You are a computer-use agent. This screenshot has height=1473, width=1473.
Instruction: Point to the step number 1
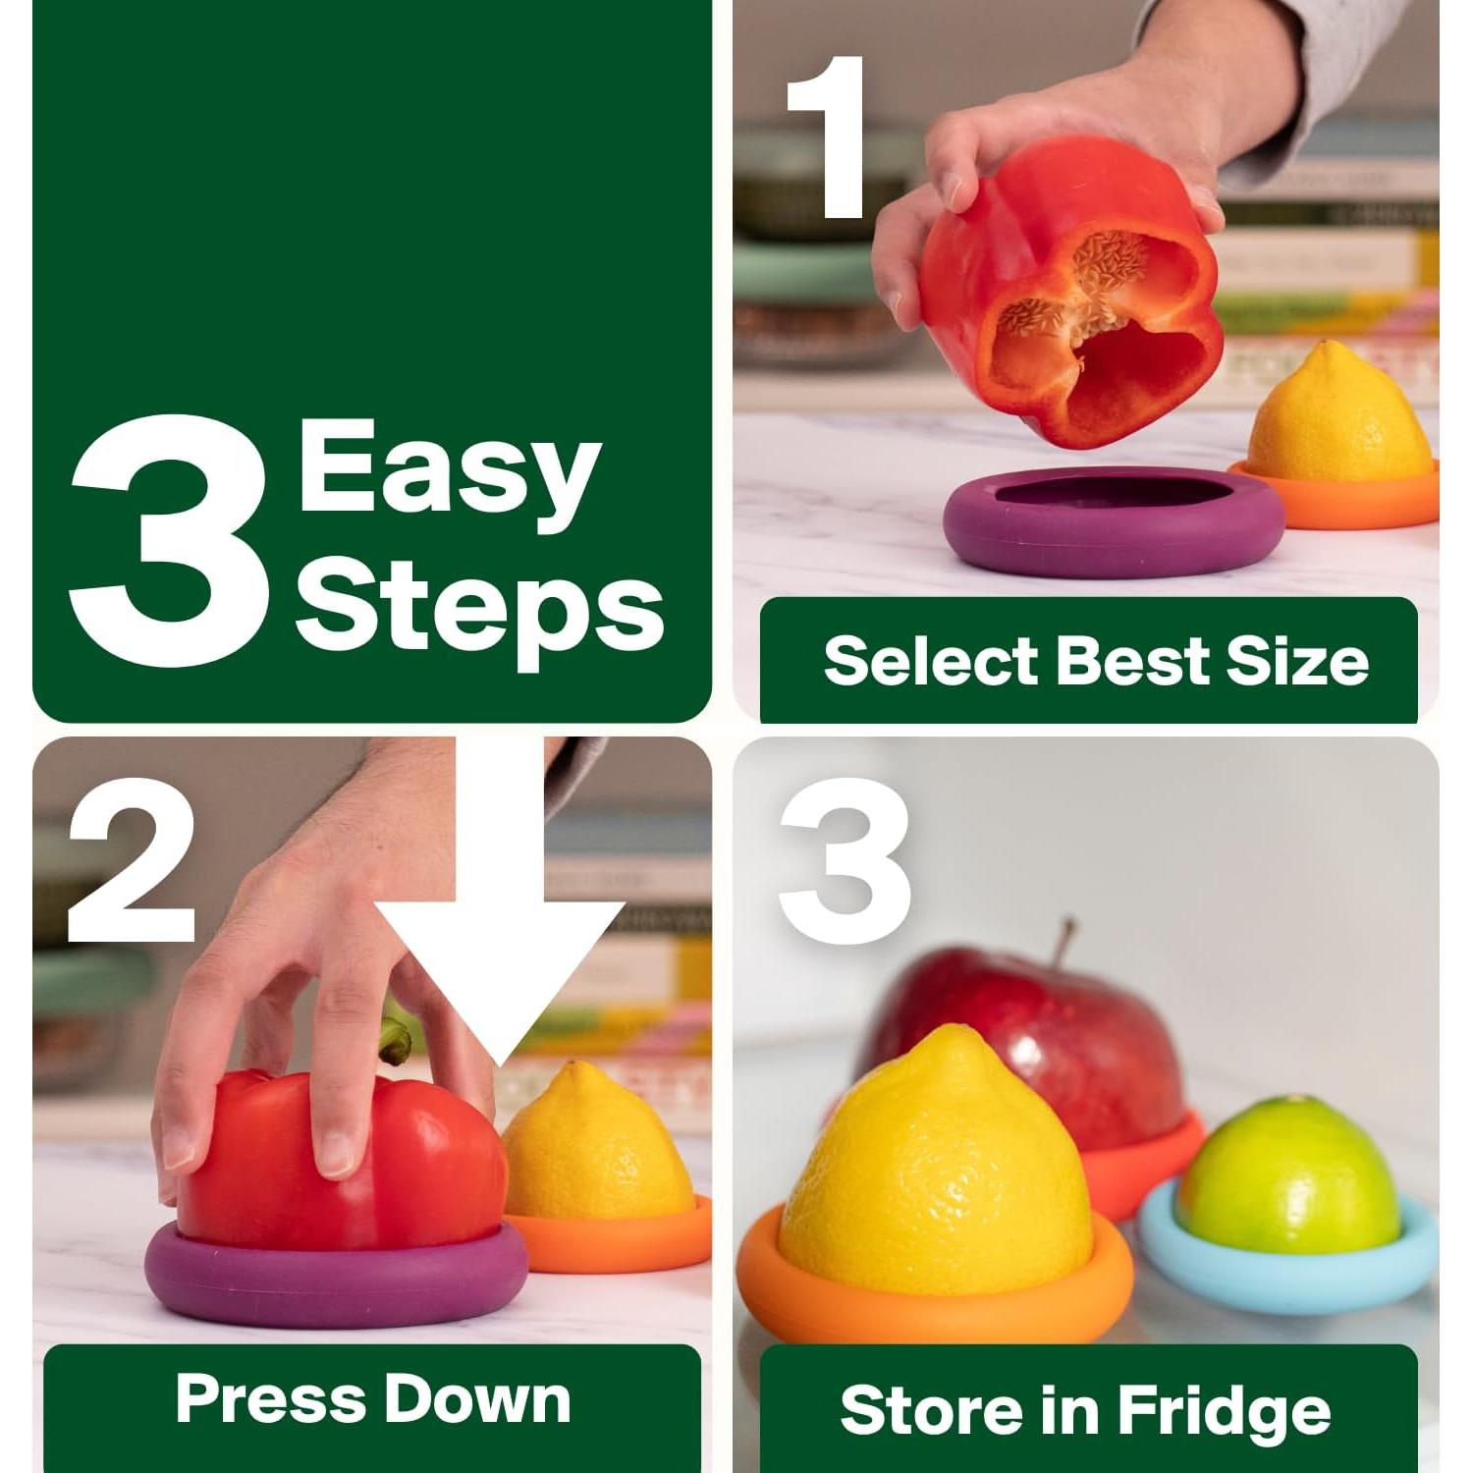[x=828, y=137]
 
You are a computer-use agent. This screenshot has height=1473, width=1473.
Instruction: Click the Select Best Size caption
[x=1095, y=660]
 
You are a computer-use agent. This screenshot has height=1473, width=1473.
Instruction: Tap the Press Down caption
[x=373, y=1398]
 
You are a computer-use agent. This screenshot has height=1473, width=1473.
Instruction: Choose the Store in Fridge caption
[x=1085, y=1410]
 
